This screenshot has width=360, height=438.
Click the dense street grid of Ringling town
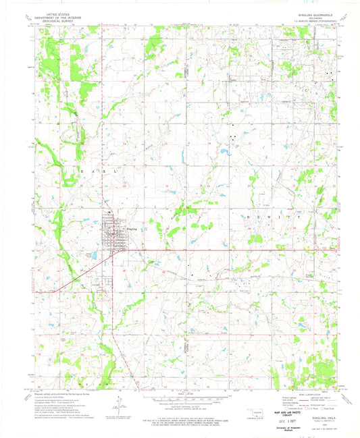pyautogui.click(x=111, y=233)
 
